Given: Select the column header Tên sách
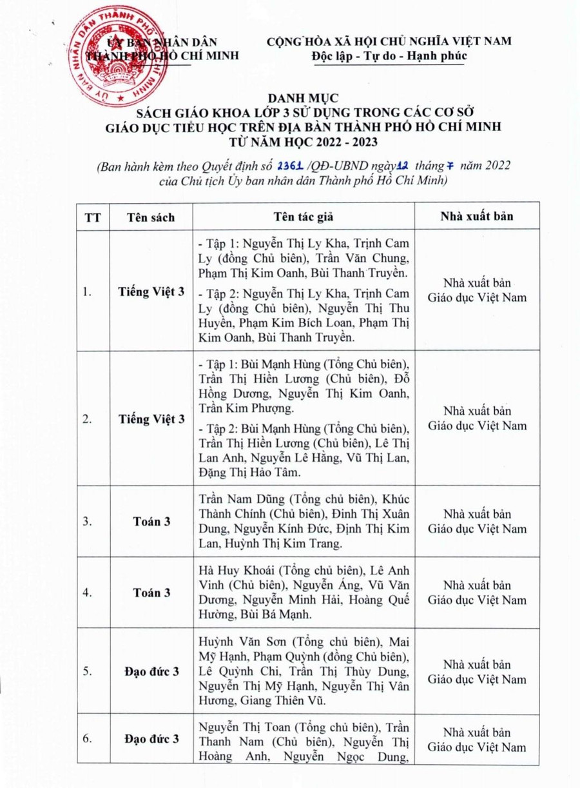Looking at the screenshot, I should (x=151, y=217).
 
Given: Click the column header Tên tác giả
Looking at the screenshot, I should (x=303, y=217).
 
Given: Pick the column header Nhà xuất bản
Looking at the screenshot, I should (x=477, y=216).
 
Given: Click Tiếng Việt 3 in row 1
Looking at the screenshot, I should (x=151, y=291).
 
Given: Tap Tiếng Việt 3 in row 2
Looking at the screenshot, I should (x=151, y=419).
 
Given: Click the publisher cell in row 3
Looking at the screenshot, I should (x=477, y=522).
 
